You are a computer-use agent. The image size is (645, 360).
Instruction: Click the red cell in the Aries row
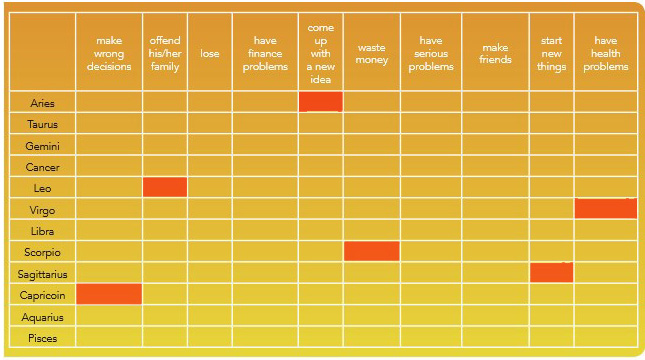[x=321, y=101]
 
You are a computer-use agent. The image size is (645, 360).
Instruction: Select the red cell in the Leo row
[x=165, y=187]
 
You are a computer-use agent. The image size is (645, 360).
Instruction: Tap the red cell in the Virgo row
[x=606, y=208]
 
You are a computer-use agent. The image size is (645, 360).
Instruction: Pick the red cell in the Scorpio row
[x=371, y=251]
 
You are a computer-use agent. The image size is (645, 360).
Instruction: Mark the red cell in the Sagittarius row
[x=551, y=272]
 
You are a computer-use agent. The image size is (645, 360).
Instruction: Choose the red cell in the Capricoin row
[x=109, y=294]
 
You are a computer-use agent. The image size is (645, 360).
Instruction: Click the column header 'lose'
[x=210, y=53]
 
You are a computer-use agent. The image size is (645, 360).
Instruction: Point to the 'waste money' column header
[x=371, y=53]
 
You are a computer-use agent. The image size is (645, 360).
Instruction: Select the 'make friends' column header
[x=495, y=53]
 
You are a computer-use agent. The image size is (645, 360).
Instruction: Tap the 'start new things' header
[x=552, y=53]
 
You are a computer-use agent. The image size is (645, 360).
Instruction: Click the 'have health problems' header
[x=606, y=53]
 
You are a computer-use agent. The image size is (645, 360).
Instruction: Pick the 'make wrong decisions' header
[x=109, y=53]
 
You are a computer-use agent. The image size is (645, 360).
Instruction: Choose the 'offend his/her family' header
[x=165, y=53]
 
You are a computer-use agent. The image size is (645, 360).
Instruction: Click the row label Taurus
[x=42, y=124]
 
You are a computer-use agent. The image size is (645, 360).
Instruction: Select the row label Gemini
[x=42, y=146]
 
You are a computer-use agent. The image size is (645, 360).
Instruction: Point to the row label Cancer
[x=42, y=167]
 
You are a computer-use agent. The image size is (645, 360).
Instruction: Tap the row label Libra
[x=42, y=231]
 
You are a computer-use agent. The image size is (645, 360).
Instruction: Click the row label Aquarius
[x=42, y=317]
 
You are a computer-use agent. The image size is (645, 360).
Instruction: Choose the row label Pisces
[x=42, y=338]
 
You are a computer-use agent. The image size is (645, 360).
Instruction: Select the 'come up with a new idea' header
[x=321, y=53]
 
